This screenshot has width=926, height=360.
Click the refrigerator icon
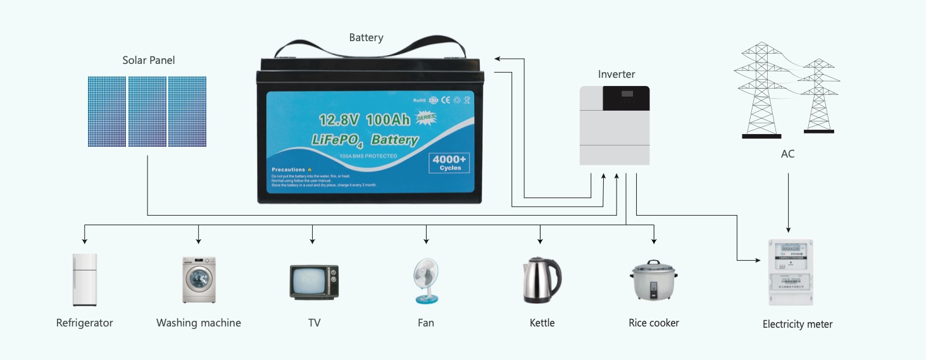tap(85, 280)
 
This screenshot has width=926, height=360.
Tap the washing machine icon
tap(199, 280)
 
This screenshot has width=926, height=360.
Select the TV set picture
tap(313, 282)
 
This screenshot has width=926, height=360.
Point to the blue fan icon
tap(425, 280)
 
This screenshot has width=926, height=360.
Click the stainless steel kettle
tap(541, 280)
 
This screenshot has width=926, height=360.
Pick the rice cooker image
tap(654, 282)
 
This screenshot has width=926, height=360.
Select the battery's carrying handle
tap(370, 48)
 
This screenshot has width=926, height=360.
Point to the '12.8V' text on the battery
tap(340, 120)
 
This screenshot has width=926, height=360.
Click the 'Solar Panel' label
tap(149, 61)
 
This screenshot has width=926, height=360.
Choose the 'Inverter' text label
tap(616, 75)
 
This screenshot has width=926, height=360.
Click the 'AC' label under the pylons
tap(787, 154)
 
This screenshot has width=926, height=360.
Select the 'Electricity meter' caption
tap(798, 325)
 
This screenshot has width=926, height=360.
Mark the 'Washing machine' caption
tap(199, 323)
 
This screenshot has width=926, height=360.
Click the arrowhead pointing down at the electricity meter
tap(788, 230)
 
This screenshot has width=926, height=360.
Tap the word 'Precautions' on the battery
tap(289, 170)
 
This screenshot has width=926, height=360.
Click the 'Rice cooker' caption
tap(654, 323)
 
